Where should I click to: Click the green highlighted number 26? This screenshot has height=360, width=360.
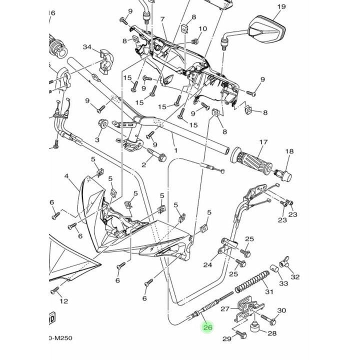click(207, 327)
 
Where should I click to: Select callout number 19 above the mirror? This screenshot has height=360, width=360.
click(281, 6)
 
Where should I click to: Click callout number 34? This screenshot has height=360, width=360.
click(87, 47)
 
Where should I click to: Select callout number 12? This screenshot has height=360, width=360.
click(63, 301)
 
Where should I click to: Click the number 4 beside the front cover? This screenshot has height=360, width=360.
click(66, 176)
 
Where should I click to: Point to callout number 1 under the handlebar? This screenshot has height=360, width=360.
click(174, 149)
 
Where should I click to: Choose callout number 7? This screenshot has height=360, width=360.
click(162, 19)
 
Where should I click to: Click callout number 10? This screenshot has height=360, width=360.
click(202, 28)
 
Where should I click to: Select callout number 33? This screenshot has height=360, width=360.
click(284, 283)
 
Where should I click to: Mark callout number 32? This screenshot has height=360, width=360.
click(295, 276)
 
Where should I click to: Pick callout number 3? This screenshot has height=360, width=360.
click(97, 140)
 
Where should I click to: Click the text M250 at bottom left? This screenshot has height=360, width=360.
click(62, 338)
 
